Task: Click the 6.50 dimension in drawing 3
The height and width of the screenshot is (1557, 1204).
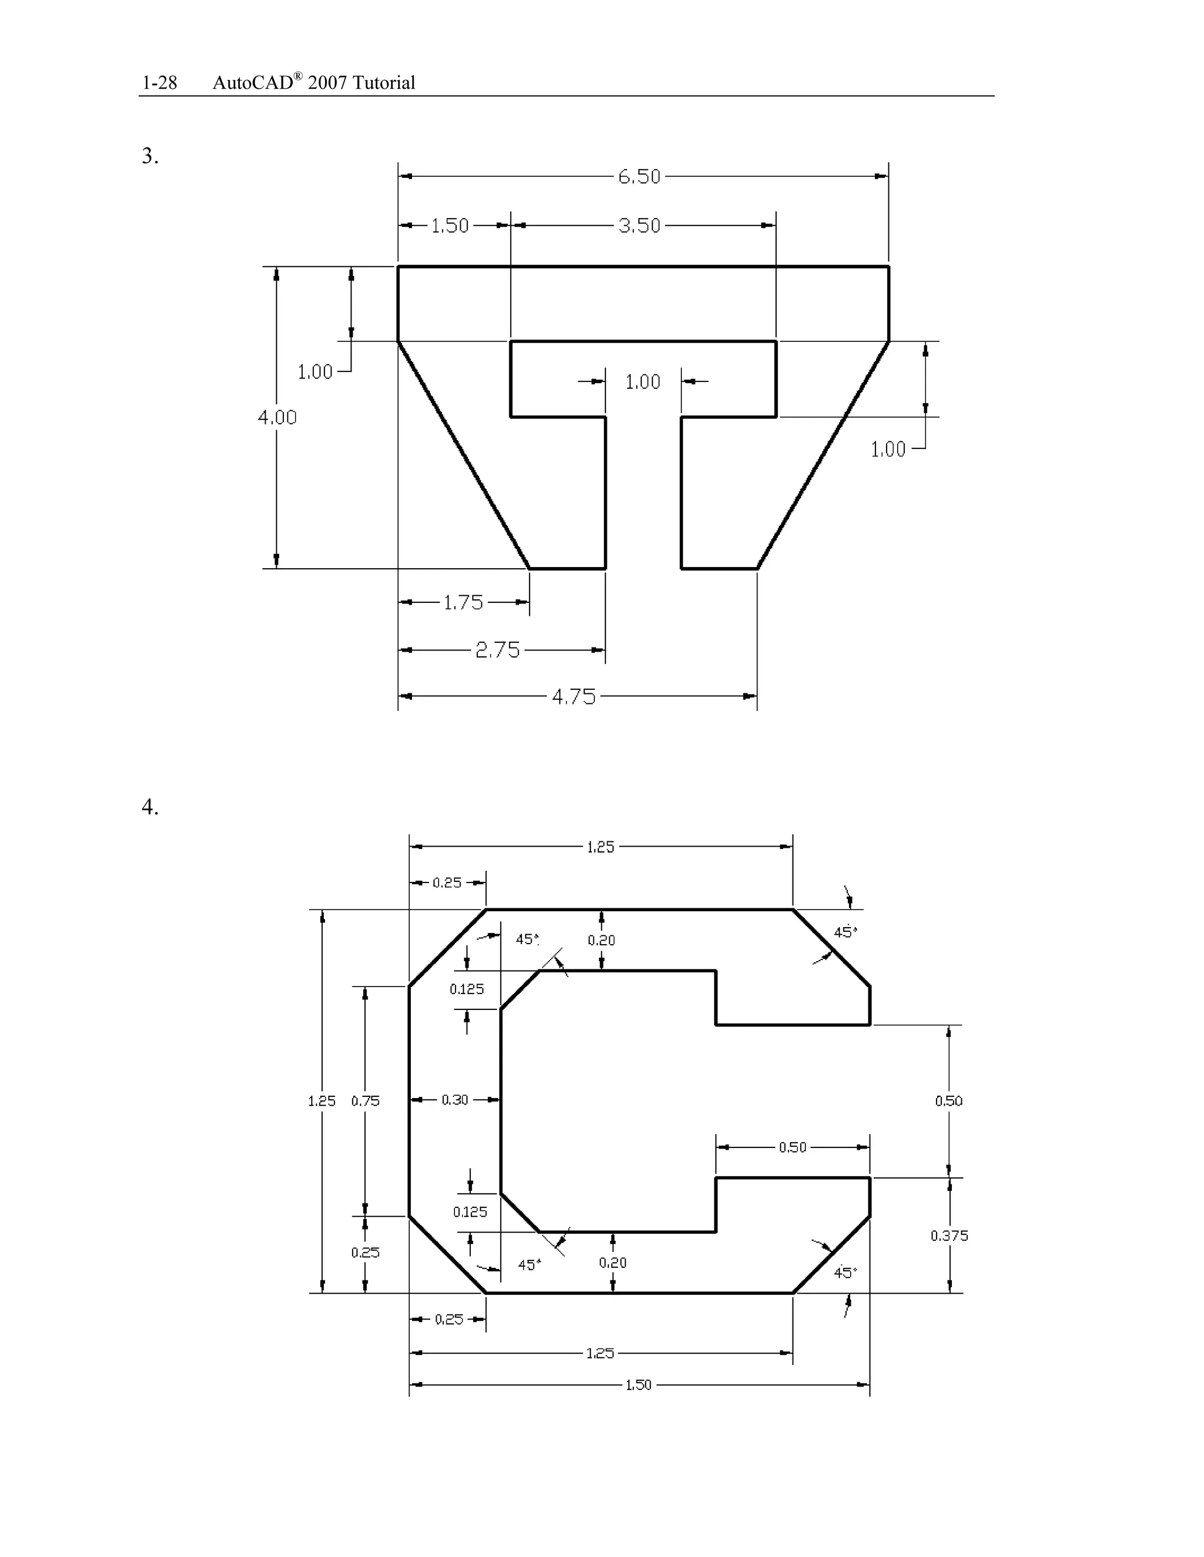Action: pos(639,176)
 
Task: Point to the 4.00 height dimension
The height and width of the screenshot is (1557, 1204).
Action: pos(277,417)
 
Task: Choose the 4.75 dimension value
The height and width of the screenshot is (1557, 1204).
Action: pos(573,696)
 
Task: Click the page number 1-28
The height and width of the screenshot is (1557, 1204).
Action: pos(159,83)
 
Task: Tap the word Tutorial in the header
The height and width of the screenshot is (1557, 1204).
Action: pos(383,83)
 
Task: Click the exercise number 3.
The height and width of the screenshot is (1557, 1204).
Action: pos(150,156)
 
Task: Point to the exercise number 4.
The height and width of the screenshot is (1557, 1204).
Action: pos(150,807)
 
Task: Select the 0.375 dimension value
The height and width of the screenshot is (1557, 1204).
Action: pos(949,1236)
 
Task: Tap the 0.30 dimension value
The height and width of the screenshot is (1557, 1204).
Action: pos(454,1099)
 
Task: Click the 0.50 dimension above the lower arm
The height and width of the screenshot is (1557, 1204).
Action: pos(792,1147)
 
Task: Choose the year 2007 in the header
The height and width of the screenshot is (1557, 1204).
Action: pos(327,83)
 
